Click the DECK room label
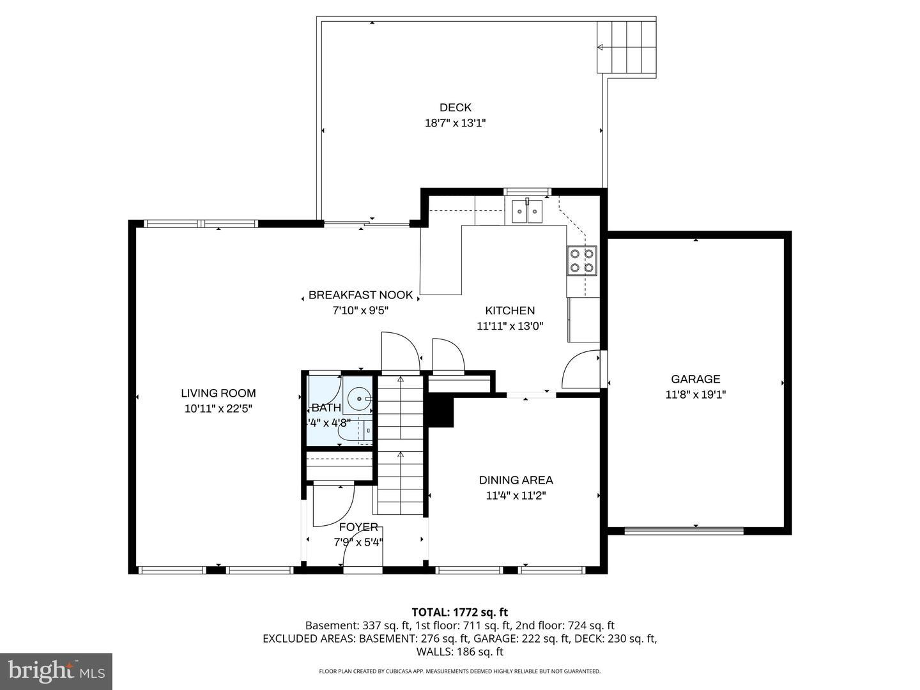455,107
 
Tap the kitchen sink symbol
526,211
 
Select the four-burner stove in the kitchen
582,261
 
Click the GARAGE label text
695,379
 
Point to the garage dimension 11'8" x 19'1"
695,395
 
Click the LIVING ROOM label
218,394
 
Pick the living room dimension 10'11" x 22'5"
218,409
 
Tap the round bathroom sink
360,399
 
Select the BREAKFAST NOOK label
360,295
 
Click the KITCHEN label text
510,310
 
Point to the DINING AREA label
516,480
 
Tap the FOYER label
358,527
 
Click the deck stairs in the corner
626,47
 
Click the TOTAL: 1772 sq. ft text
459,612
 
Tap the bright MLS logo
56,671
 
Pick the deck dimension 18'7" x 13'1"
455,123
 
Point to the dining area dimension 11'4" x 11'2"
516,495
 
